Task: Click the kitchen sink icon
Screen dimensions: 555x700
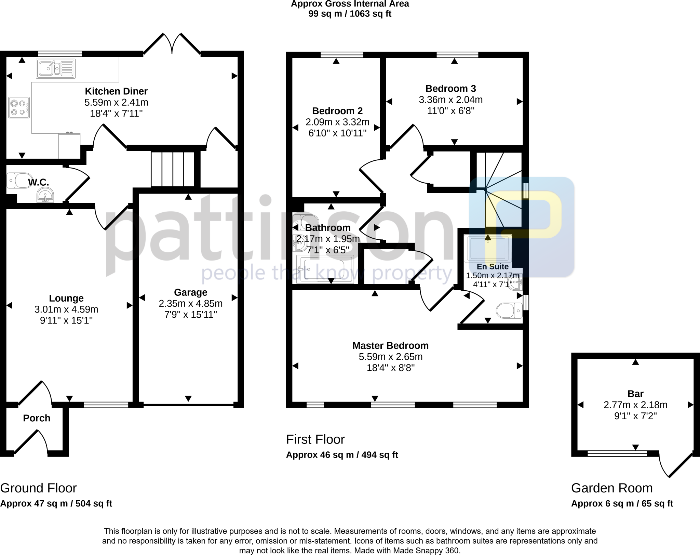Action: pyautogui.click(x=55, y=69)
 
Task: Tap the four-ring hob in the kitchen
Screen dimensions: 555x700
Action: pyautogui.click(x=19, y=108)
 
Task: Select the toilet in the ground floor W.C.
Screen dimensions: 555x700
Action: pyautogui.click(x=19, y=180)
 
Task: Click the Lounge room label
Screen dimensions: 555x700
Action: pyautogui.click(x=66, y=298)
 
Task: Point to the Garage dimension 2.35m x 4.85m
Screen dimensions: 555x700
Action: pyautogui.click(x=190, y=303)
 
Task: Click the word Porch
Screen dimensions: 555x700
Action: pyautogui.click(x=37, y=418)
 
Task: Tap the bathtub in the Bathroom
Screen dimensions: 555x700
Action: pyautogui.click(x=325, y=269)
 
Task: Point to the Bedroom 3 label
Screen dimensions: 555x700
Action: pyautogui.click(x=450, y=89)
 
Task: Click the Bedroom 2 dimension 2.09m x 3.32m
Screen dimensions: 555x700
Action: pyautogui.click(x=337, y=122)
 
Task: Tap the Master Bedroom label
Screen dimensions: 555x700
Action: pyautogui.click(x=390, y=345)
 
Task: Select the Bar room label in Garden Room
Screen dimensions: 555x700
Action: pyautogui.click(x=635, y=394)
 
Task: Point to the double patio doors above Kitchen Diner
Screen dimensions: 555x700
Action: pyautogui.click(x=172, y=44)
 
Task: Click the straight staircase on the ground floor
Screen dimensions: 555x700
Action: pyautogui.click(x=173, y=169)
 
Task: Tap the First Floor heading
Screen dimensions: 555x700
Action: pyautogui.click(x=315, y=439)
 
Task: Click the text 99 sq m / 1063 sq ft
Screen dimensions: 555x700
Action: pyautogui.click(x=350, y=14)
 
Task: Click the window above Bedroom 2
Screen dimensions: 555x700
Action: pyautogui.click(x=342, y=55)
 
